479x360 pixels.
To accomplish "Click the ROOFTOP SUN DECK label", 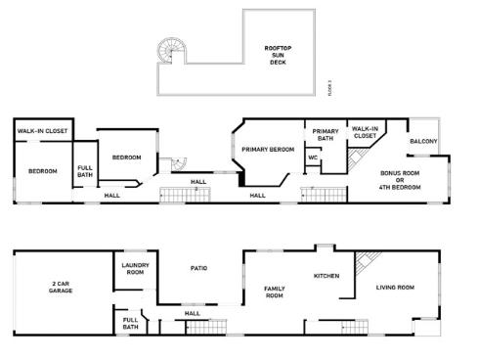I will pyautogui.click(x=278, y=56).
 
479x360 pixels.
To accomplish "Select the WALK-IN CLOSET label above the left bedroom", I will pyautogui.click(x=42, y=130).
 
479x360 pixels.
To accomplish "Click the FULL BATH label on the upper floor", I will pyautogui.click(x=86, y=172).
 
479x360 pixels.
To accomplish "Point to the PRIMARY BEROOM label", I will pyautogui.click(x=267, y=149).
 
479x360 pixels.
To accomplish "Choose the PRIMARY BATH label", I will pyautogui.click(x=325, y=135).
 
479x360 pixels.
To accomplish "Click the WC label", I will pyautogui.click(x=313, y=157).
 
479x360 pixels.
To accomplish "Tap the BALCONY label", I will pyautogui.click(x=423, y=142).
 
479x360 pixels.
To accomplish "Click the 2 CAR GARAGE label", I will pyautogui.click(x=61, y=288).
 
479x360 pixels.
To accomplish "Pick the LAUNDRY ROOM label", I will pyautogui.click(x=134, y=269).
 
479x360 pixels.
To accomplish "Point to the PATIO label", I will pyautogui.click(x=197, y=267).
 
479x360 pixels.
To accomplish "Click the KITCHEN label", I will pyautogui.click(x=326, y=276).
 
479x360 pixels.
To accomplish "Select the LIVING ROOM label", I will pyautogui.click(x=396, y=288).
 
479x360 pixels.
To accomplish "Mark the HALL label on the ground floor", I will pyautogui.click(x=193, y=313).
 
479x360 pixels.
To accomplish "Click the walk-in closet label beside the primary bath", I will pyautogui.click(x=365, y=132).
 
